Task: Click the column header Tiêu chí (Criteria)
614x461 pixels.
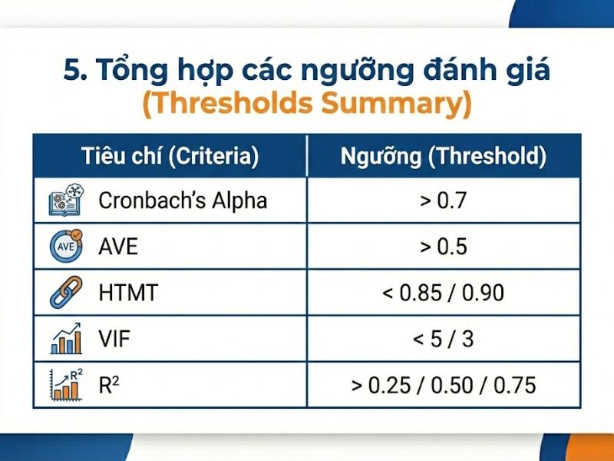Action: coord(170,156)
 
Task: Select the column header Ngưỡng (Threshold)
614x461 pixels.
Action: coord(444,156)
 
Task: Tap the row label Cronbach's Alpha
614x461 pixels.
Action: coord(183,201)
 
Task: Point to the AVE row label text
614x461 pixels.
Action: coord(118,247)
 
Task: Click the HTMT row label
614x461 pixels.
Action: coord(127,293)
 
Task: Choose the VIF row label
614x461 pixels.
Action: coord(114,339)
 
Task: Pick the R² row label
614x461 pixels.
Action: coord(109,384)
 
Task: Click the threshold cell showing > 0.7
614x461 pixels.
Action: coord(444,201)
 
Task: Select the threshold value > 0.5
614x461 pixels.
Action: coord(444,247)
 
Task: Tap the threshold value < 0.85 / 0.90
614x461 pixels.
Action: coord(444,293)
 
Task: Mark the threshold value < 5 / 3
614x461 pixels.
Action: coord(444,339)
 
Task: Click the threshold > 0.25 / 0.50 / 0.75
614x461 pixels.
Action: coord(444,384)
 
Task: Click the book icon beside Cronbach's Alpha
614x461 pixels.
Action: coord(64,201)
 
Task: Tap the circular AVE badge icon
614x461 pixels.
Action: coord(64,247)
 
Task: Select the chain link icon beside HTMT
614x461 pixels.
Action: coord(64,293)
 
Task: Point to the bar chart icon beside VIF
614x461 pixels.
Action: coord(65,339)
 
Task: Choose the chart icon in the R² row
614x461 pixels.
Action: coord(65,384)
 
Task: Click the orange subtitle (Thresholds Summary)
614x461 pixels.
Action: coord(307,104)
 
